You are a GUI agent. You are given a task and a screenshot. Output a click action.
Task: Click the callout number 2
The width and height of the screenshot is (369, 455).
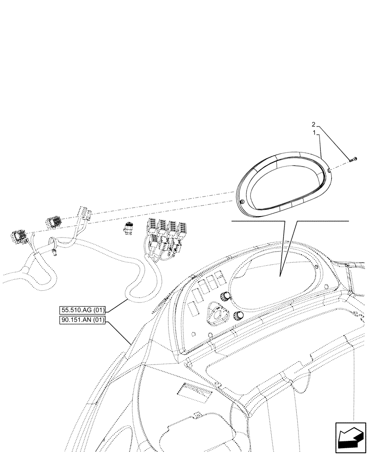[x=313, y=124]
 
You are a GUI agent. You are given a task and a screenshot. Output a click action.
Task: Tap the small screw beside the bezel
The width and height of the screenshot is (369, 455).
[x=354, y=159]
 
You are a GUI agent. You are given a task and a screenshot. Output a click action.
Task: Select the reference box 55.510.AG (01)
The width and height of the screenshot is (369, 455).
[x=82, y=310]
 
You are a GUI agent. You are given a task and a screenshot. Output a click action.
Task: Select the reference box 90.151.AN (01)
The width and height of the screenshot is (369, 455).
[x=82, y=320]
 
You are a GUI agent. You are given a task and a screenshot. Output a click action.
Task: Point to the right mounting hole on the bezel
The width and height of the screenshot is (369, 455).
[x=328, y=171]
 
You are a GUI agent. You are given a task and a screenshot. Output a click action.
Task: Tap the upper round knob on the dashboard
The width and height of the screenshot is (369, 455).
[x=224, y=297]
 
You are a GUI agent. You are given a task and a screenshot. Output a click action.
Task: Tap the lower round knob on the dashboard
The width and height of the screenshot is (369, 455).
[x=237, y=316]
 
